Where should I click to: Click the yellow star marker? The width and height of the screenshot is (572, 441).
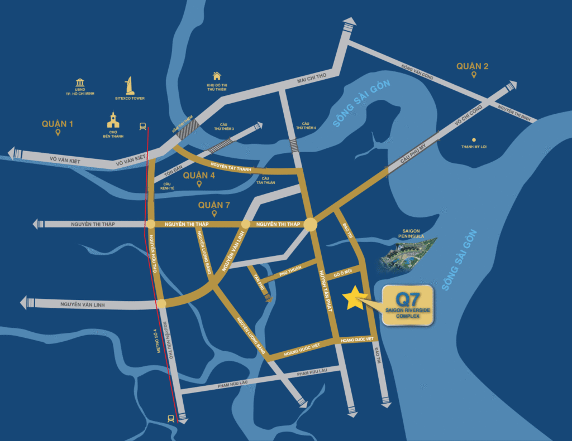(353, 298)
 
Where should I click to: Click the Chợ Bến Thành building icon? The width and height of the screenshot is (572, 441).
(113, 120)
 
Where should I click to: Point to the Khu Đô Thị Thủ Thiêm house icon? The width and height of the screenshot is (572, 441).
(217, 76)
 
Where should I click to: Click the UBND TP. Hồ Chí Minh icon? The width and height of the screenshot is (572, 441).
(79, 83)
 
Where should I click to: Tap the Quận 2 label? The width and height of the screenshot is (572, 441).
(472, 66)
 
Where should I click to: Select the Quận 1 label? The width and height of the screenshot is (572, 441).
(57, 123)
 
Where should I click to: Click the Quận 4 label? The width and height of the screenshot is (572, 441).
(199, 176)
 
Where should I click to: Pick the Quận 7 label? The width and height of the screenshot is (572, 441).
(214, 205)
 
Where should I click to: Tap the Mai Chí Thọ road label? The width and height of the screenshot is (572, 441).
(310, 80)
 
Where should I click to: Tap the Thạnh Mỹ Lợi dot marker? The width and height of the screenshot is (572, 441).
(474, 140)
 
